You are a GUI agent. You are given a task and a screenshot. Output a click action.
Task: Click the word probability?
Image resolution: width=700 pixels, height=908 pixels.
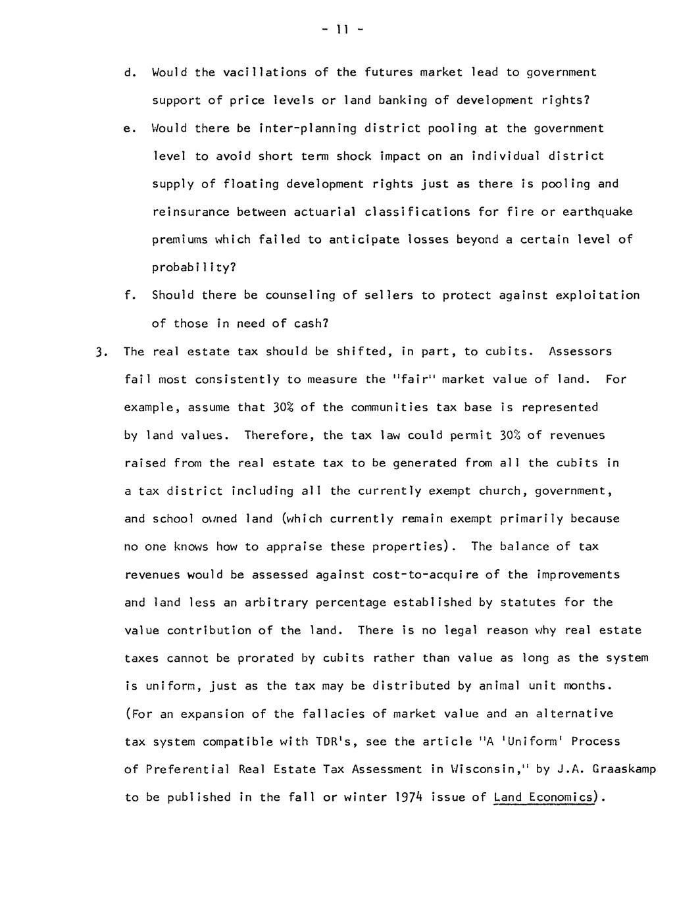[x=193, y=268]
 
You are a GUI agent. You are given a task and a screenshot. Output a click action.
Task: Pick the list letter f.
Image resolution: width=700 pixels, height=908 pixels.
[x=128, y=295]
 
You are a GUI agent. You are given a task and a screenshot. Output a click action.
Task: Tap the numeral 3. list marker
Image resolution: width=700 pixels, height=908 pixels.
[x=101, y=352]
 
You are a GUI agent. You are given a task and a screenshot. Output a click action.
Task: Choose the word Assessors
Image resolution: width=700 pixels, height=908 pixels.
[x=580, y=351]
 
